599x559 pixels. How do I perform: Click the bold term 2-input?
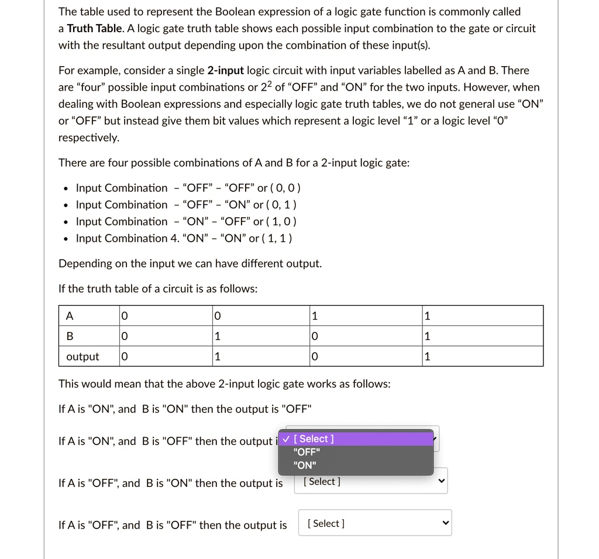point(225,71)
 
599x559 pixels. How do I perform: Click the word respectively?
point(88,138)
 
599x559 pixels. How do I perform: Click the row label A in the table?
point(70,316)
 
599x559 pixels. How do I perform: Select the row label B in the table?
point(70,337)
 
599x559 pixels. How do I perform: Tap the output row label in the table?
point(82,357)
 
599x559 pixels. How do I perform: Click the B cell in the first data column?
point(123,337)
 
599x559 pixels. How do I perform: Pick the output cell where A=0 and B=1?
point(218,357)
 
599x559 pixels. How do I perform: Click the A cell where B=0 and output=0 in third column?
point(315,316)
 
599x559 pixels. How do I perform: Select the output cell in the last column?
point(427,357)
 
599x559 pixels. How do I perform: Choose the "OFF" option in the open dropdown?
point(307,452)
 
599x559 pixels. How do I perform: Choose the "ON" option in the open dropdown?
point(305,466)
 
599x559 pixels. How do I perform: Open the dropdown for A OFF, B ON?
point(371,482)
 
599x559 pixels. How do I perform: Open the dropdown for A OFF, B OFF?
point(375,524)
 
